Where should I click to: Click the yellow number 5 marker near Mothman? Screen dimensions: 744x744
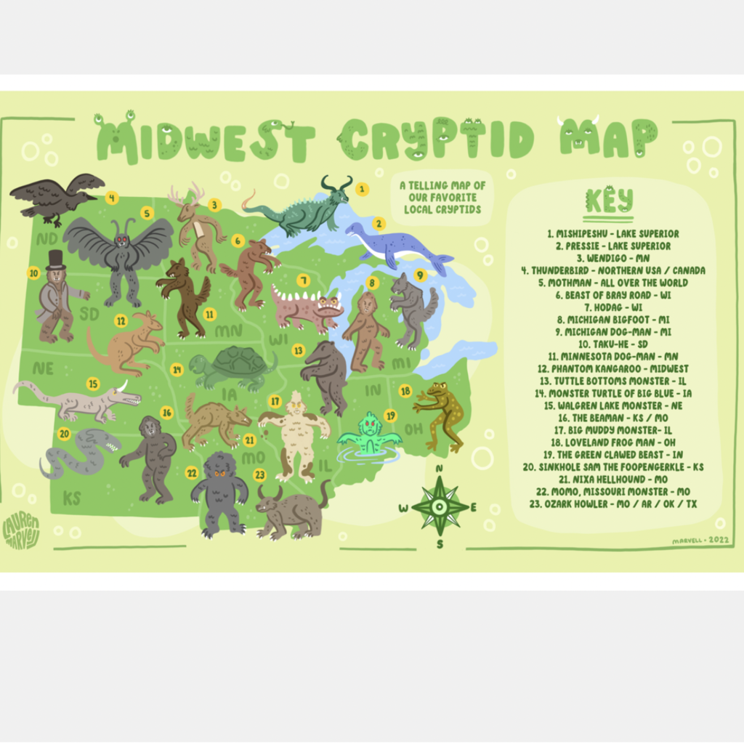[147, 213]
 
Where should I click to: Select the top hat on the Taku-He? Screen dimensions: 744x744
[56, 259]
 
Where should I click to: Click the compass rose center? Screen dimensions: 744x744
[440, 506]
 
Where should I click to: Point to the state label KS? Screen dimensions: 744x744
[71, 498]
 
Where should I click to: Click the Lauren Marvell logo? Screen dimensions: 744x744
[21, 531]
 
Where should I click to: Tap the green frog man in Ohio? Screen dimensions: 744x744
[441, 414]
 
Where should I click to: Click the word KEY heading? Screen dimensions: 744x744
[608, 200]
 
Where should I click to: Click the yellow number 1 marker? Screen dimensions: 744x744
[362, 189]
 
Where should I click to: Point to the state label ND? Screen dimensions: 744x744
[47, 238]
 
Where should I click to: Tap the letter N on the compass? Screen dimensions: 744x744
[439, 469]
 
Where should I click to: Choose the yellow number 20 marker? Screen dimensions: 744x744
[64, 434]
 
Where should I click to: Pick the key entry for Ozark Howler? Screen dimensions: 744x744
[613, 504]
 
